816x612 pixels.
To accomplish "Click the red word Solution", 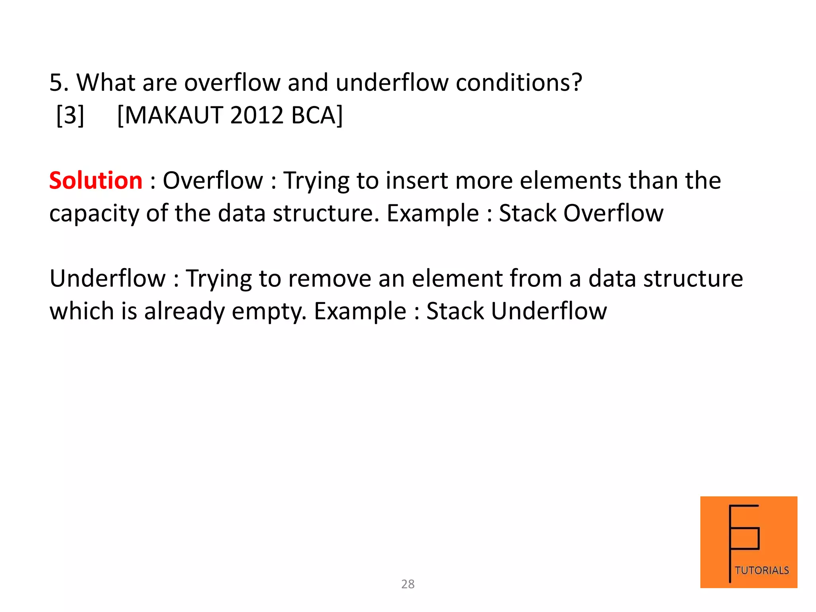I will (96, 180).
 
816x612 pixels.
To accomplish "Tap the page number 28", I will (408, 584).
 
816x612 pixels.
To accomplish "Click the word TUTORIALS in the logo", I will (761, 570).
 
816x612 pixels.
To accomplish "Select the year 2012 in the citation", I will (257, 116).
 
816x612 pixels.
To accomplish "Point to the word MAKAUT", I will (175, 116).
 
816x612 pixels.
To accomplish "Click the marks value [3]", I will (70, 116).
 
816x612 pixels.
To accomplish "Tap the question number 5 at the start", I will (56, 83).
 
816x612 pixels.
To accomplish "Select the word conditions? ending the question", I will (518, 83).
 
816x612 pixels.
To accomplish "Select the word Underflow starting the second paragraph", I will (107, 279).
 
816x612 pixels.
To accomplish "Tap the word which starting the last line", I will (82, 311).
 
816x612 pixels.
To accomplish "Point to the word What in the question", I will (106, 83).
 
